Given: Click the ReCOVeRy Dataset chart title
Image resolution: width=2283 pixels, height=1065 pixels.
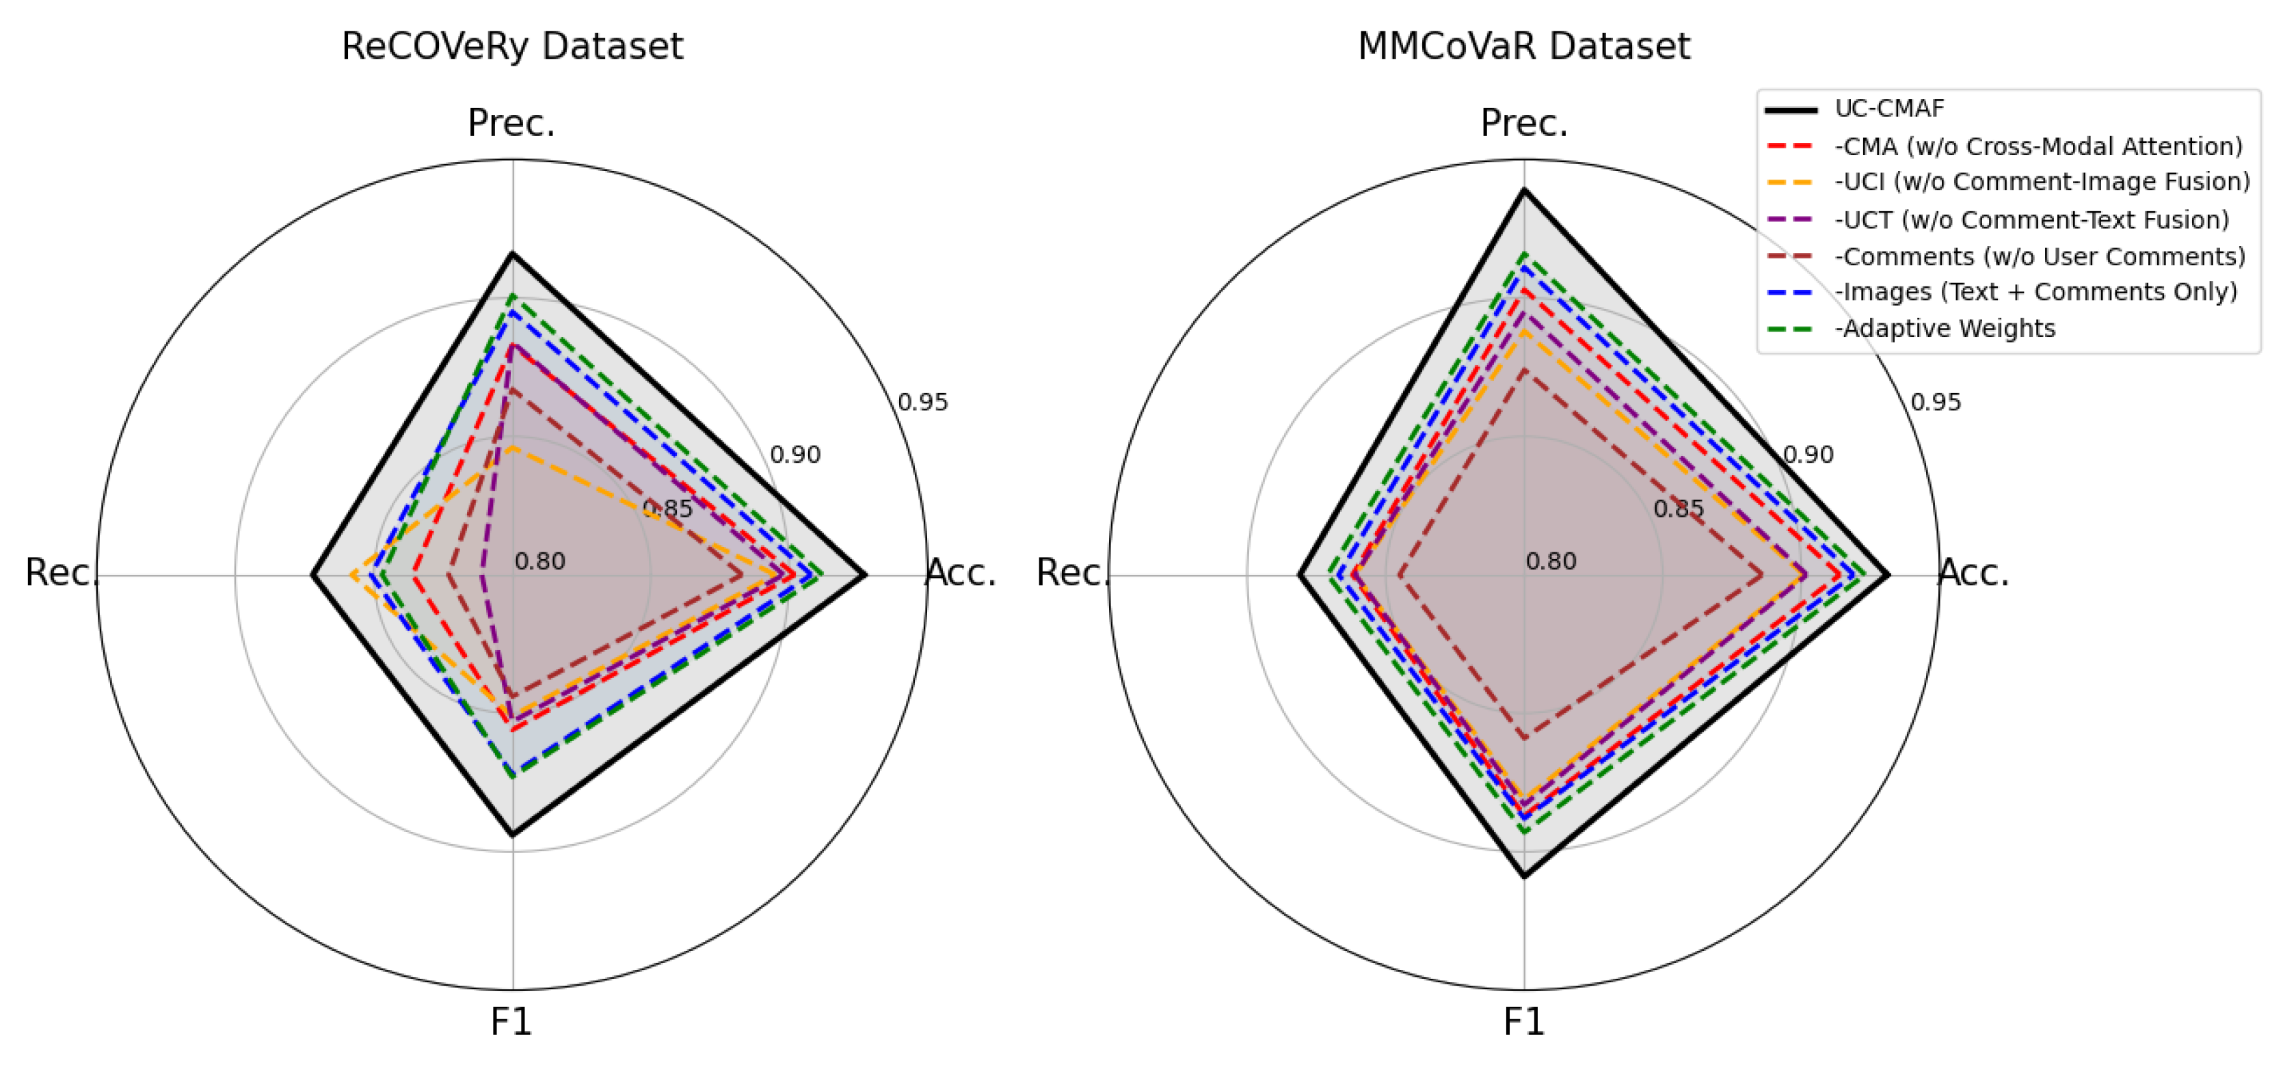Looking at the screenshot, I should (x=512, y=46).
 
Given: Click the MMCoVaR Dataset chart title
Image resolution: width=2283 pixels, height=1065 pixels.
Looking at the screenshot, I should (x=1523, y=46).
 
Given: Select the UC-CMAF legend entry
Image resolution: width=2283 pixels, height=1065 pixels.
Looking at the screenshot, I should (x=1888, y=109).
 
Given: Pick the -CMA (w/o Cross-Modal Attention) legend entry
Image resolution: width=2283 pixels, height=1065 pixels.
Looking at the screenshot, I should (x=2038, y=146).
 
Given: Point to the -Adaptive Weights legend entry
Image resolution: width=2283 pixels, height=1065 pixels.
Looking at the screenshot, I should (x=1945, y=329).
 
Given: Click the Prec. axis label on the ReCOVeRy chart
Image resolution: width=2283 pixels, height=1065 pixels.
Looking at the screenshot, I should (x=511, y=123).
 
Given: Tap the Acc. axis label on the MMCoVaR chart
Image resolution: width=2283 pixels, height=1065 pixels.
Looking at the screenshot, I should (x=1974, y=574).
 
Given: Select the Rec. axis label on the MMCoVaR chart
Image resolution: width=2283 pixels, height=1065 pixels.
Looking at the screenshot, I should (x=1071, y=574).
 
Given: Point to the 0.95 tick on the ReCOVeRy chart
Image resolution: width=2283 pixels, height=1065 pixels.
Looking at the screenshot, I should (x=922, y=402).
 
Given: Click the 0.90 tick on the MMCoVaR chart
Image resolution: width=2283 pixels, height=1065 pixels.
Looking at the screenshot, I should (x=1808, y=455).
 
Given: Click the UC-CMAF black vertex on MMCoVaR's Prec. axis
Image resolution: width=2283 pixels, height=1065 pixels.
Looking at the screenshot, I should (x=1523, y=189).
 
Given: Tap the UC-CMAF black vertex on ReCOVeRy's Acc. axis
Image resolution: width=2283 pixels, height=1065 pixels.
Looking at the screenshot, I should (x=865, y=576).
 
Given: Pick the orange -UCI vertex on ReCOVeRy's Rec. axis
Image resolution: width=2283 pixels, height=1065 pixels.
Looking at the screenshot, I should (x=352, y=576).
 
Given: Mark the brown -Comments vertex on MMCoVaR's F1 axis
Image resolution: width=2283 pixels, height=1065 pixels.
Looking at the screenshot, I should (x=1523, y=737).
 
